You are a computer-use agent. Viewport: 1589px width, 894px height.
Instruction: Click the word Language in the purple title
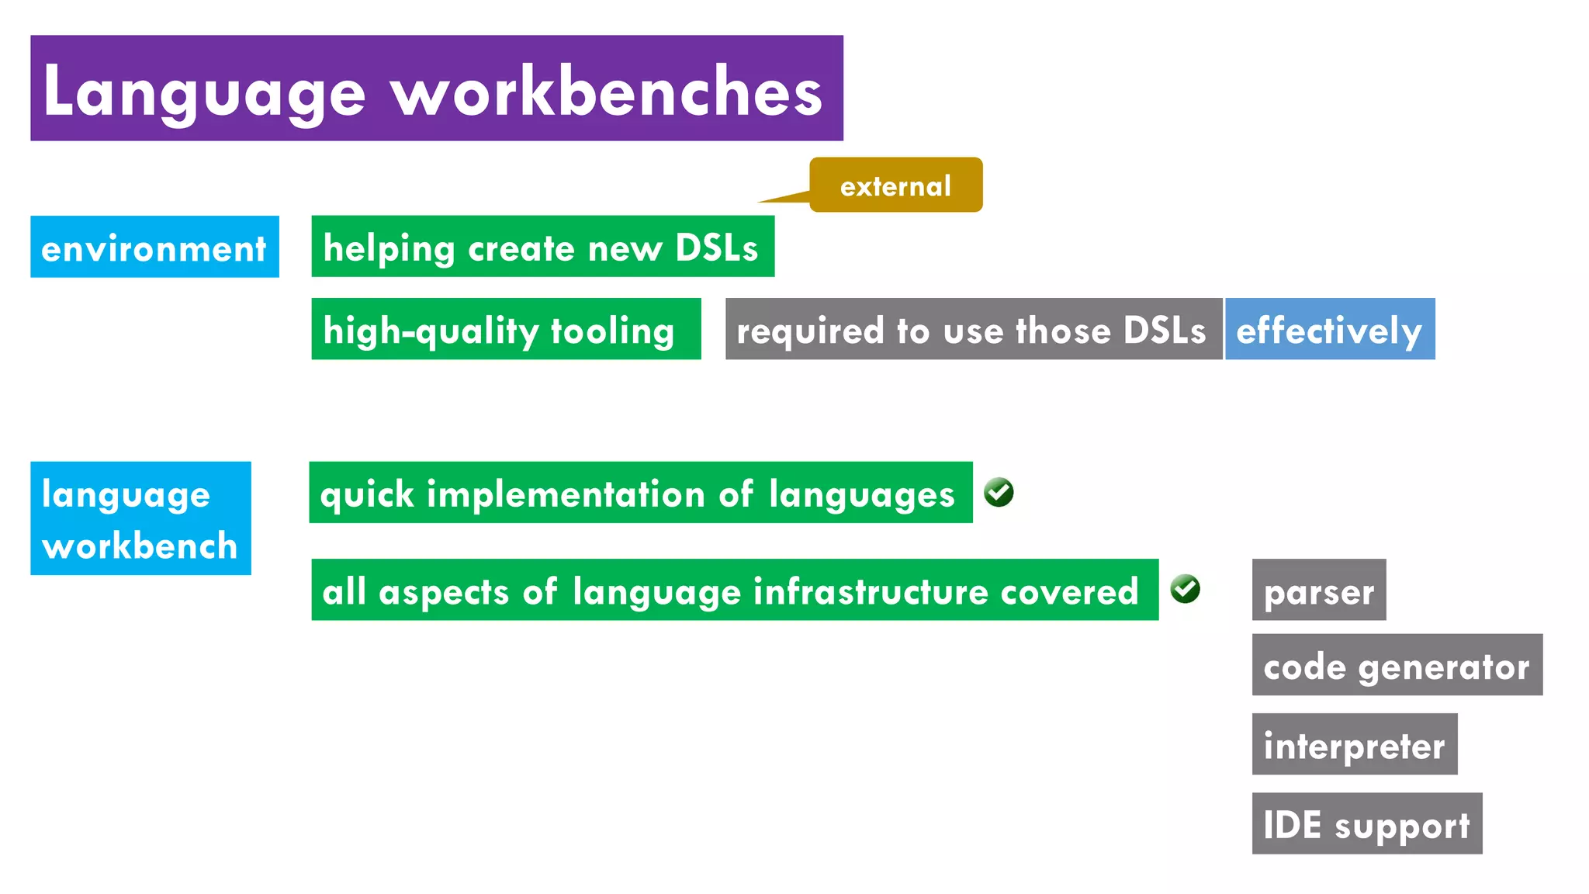pos(203,92)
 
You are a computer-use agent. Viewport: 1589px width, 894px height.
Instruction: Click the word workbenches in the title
pos(606,92)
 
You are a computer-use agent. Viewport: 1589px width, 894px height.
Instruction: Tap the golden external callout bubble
pos(895,185)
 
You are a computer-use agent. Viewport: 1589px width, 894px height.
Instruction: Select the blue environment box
pos(154,248)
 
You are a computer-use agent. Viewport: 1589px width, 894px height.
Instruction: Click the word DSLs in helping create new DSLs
pos(716,248)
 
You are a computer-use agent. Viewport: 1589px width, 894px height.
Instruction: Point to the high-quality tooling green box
pos(505,329)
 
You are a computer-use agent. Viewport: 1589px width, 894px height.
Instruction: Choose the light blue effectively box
pos(1329,329)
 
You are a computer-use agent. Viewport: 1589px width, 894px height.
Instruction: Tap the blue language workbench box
pos(140,518)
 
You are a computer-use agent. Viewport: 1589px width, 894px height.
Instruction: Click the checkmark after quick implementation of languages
pos(999,492)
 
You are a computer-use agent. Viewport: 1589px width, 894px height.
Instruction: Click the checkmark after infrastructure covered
pos(1185,589)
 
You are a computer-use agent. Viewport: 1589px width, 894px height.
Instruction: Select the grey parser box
pos(1318,590)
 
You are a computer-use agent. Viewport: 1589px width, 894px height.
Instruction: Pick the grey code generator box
pos(1397,665)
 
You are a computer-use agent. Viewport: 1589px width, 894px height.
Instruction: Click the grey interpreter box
pos(1354,744)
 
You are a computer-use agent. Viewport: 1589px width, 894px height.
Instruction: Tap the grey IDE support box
pos(1366,823)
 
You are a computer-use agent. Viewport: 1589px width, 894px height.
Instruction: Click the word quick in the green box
pos(367,494)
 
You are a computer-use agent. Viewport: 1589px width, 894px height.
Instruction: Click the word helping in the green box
pos(389,248)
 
